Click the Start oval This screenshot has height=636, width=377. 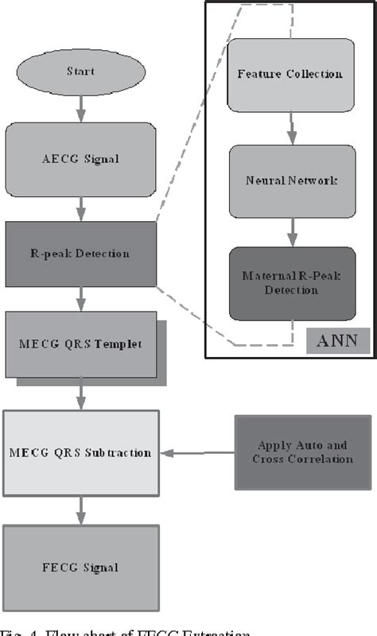tap(80, 72)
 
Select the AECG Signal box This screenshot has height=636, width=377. tap(80, 159)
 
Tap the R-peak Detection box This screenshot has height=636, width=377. tap(80, 254)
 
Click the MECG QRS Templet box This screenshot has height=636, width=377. tap(80, 344)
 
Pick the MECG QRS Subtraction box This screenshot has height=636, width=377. tap(80, 453)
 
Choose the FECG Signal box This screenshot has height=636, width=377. tap(80, 567)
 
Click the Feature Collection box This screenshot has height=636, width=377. tap(290, 74)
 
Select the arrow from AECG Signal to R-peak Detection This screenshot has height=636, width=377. tap(80, 209)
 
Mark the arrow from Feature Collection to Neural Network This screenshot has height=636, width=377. tap(292, 127)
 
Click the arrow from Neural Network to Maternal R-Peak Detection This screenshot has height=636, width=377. tap(292, 233)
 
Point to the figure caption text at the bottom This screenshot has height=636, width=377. tap(159, 630)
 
